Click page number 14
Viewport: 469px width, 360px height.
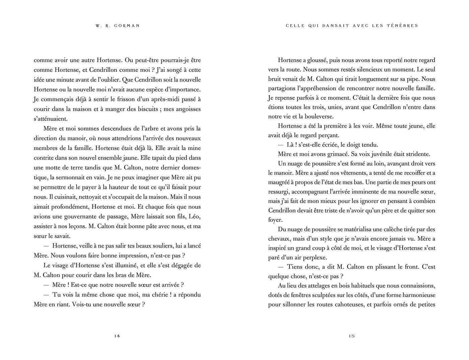click(x=117, y=336)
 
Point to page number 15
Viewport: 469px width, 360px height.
click(x=351, y=336)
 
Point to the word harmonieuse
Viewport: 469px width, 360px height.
click(x=415, y=295)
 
